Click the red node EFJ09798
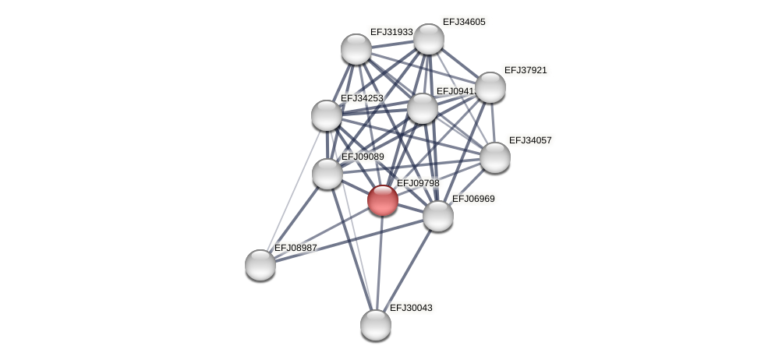(383, 200)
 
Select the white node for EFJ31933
(356, 49)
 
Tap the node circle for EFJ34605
(429, 39)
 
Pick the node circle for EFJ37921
(490, 87)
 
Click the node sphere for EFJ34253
(327, 115)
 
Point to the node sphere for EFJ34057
(495, 157)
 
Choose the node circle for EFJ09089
(327, 174)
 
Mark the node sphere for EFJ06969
(438, 216)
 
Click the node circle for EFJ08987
(260, 265)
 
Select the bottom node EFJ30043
(376, 325)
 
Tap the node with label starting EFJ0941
(423, 108)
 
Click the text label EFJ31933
(391, 32)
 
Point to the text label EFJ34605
(464, 22)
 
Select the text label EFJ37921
(526, 70)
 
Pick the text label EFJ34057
(530, 140)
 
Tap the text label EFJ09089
(363, 157)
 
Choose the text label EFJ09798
(418, 183)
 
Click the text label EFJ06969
(473, 199)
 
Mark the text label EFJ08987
(296, 248)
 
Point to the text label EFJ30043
(411, 308)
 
